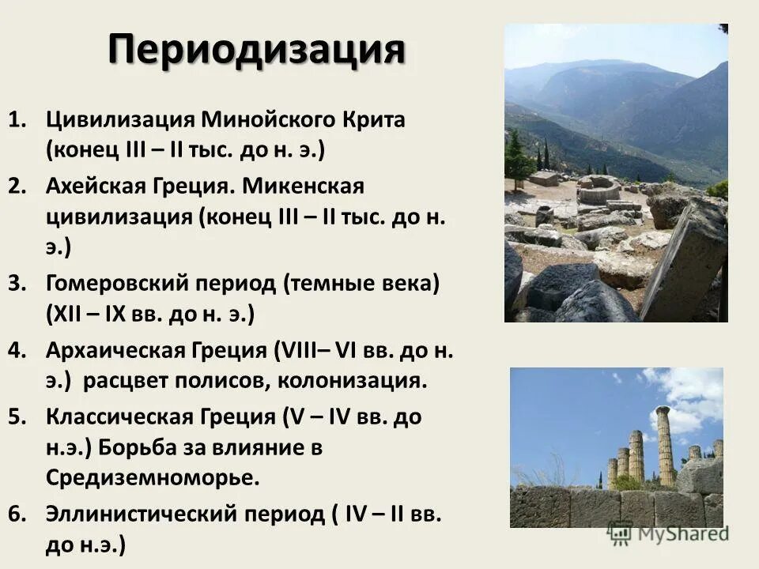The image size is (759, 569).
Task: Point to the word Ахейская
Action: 98,187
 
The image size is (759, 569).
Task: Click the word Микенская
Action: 304,187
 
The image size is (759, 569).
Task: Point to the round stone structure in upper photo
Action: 599,190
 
